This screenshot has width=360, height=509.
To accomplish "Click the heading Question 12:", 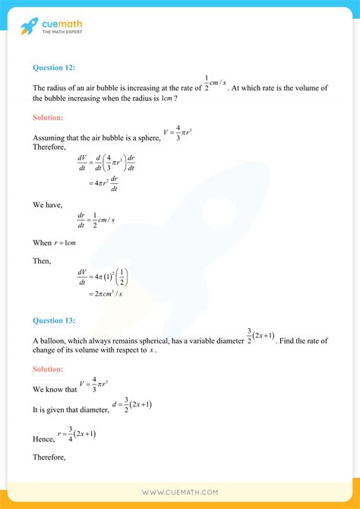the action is (x=54, y=67).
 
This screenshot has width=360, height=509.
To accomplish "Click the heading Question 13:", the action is (x=54, y=321).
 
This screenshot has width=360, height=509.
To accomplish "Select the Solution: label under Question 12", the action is (x=49, y=118).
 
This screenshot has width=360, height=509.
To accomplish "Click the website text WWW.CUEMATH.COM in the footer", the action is (x=179, y=492).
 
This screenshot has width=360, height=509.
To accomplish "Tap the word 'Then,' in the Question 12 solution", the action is (x=42, y=261).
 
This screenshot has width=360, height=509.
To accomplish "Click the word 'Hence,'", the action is (x=43, y=439).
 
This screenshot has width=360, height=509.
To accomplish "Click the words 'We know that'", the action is (x=55, y=389).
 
